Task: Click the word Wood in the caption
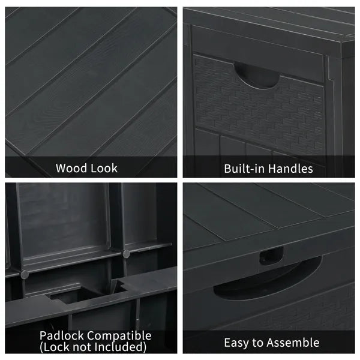71,168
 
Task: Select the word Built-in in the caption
244,169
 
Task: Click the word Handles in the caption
290,169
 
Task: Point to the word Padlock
62,335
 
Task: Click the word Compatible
119,336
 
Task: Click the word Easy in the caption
236,343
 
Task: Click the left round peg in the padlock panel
25,274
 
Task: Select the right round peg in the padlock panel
126,254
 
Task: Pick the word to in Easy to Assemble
257,343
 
